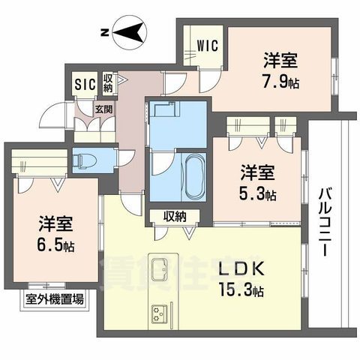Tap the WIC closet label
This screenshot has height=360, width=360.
click(208, 45)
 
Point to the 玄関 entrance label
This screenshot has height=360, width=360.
click(103, 108)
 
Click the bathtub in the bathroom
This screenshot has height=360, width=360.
click(193, 175)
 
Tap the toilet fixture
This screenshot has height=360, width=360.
click(85, 160)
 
